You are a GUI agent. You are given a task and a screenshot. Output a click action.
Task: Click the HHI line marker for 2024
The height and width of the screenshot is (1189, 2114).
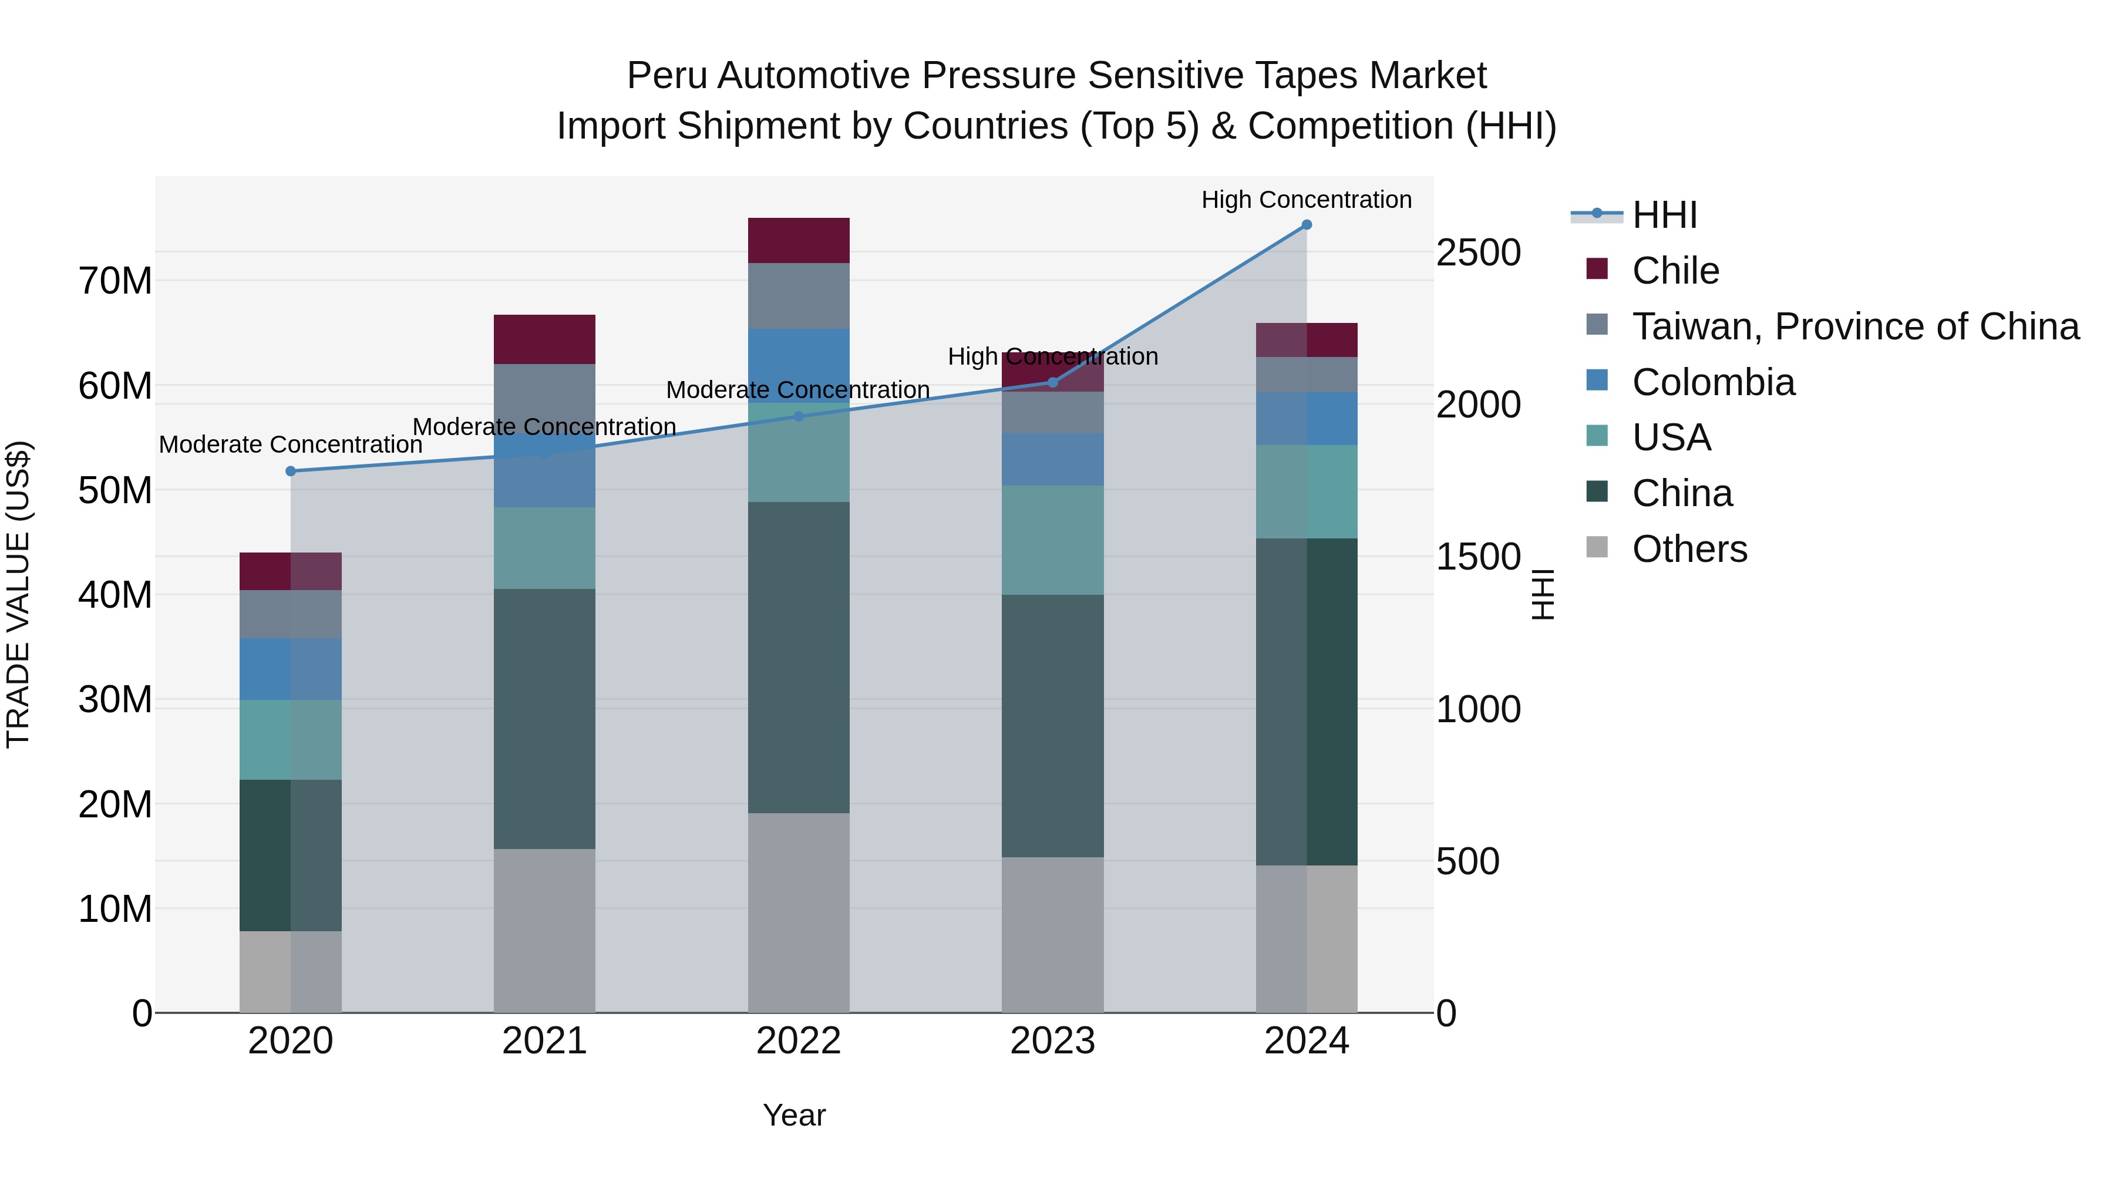1307,225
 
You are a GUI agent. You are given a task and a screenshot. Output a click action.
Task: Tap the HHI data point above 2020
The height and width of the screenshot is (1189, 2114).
291,471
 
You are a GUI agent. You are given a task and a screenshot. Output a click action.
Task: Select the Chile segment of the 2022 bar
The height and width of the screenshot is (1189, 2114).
799,240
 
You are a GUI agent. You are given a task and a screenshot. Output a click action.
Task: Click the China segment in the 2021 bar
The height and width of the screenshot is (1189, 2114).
544,719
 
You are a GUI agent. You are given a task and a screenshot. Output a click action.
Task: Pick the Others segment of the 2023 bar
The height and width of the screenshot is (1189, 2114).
1053,935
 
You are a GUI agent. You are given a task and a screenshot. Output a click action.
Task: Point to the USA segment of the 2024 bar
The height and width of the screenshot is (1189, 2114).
1307,491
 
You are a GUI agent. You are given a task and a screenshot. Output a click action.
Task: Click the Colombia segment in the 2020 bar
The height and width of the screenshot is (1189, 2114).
291,669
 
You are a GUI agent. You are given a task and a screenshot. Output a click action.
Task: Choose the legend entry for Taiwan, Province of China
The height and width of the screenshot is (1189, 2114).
1854,326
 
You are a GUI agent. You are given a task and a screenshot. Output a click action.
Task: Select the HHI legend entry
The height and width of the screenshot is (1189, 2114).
1664,215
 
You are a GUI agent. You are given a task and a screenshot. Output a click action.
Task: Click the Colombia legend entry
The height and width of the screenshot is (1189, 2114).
1713,382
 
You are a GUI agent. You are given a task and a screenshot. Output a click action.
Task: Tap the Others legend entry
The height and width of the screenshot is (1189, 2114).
1689,549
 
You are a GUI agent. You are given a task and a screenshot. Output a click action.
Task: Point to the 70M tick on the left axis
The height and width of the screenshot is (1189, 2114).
115,281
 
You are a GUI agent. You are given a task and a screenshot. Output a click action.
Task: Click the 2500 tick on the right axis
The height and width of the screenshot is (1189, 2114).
1478,252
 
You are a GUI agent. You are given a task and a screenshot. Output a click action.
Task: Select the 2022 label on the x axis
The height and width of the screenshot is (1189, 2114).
799,1041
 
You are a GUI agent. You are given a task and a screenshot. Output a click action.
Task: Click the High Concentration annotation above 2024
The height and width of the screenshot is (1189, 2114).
1307,200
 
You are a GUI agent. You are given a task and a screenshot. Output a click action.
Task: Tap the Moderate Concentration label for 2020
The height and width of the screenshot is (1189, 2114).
291,444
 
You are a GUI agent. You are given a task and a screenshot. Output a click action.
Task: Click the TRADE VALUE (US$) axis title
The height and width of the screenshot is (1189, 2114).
18,594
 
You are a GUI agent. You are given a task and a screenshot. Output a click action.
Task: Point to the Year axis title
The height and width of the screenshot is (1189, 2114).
793,1115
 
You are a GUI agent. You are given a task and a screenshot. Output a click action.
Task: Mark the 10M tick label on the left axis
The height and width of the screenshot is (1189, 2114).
115,909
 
